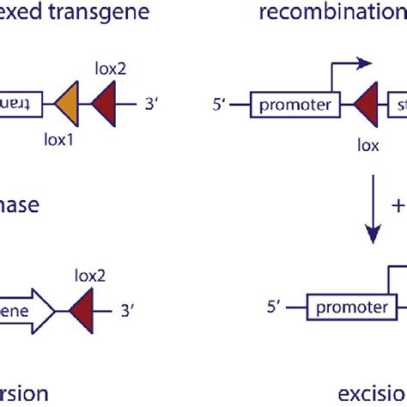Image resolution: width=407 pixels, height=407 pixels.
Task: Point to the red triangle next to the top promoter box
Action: point(367,106)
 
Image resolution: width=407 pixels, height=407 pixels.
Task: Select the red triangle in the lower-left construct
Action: point(76,307)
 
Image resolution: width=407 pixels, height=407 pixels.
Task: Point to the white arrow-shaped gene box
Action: point(26,307)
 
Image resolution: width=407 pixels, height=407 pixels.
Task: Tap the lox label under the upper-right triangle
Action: point(368,145)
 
